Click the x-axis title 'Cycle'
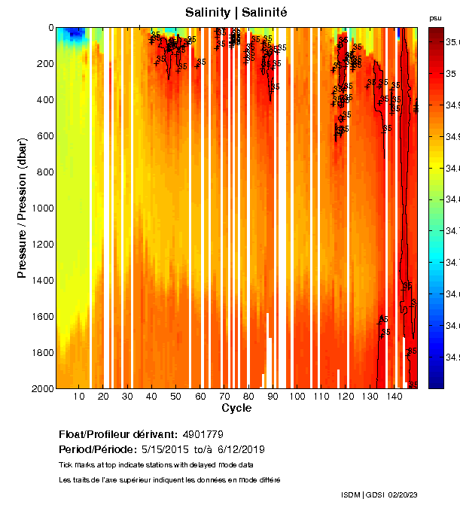tap(236, 408)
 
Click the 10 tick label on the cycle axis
tap(79, 397)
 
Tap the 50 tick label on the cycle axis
tap(175, 397)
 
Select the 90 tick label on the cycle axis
tap(273, 397)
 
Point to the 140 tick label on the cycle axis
tap(393, 397)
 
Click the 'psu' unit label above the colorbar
tap(435, 17)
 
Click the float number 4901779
tap(203, 434)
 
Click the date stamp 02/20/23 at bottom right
tap(404, 494)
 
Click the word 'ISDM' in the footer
tap(350, 494)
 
